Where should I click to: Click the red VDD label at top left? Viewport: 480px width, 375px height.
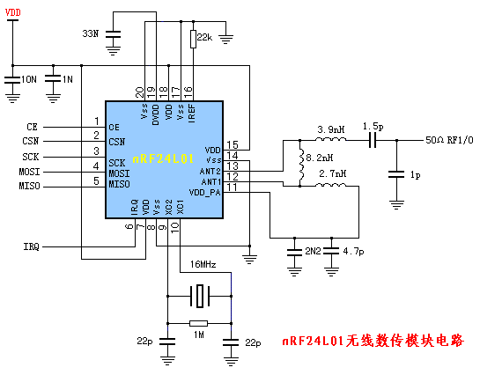(x=13, y=12)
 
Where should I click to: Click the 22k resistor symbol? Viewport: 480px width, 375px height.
(x=193, y=39)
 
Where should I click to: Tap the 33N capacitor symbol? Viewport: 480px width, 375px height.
(x=113, y=34)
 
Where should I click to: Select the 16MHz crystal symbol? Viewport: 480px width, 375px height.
(x=200, y=296)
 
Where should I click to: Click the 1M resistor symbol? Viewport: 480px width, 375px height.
(x=199, y=323)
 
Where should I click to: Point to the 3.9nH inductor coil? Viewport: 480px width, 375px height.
(x=331, y=139)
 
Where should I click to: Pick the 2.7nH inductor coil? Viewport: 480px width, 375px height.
(x=331, y=185)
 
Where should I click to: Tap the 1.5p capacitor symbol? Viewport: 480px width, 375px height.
(x=373, y=140)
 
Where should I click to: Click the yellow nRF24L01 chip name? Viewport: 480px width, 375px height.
(x=163, y=158)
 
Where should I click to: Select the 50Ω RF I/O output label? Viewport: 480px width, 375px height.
(x=449, y=140)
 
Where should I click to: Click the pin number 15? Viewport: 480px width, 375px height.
(x=233, y=144)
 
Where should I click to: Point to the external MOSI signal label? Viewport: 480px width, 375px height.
(x=29, y=172)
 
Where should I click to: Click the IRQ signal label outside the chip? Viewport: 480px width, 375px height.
(x=32, y=246)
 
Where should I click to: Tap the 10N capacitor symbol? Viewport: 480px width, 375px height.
(x=12, y=80)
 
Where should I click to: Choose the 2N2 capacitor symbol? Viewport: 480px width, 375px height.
(x=294, y=253)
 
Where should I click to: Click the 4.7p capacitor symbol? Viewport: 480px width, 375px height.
(x=331, y=251)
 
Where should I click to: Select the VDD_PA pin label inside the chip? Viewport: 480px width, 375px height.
(x=205, y=193)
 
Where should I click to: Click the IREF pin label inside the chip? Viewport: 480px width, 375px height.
(x=192, y=114)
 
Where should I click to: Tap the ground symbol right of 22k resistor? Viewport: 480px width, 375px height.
(x=226, y=39)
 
